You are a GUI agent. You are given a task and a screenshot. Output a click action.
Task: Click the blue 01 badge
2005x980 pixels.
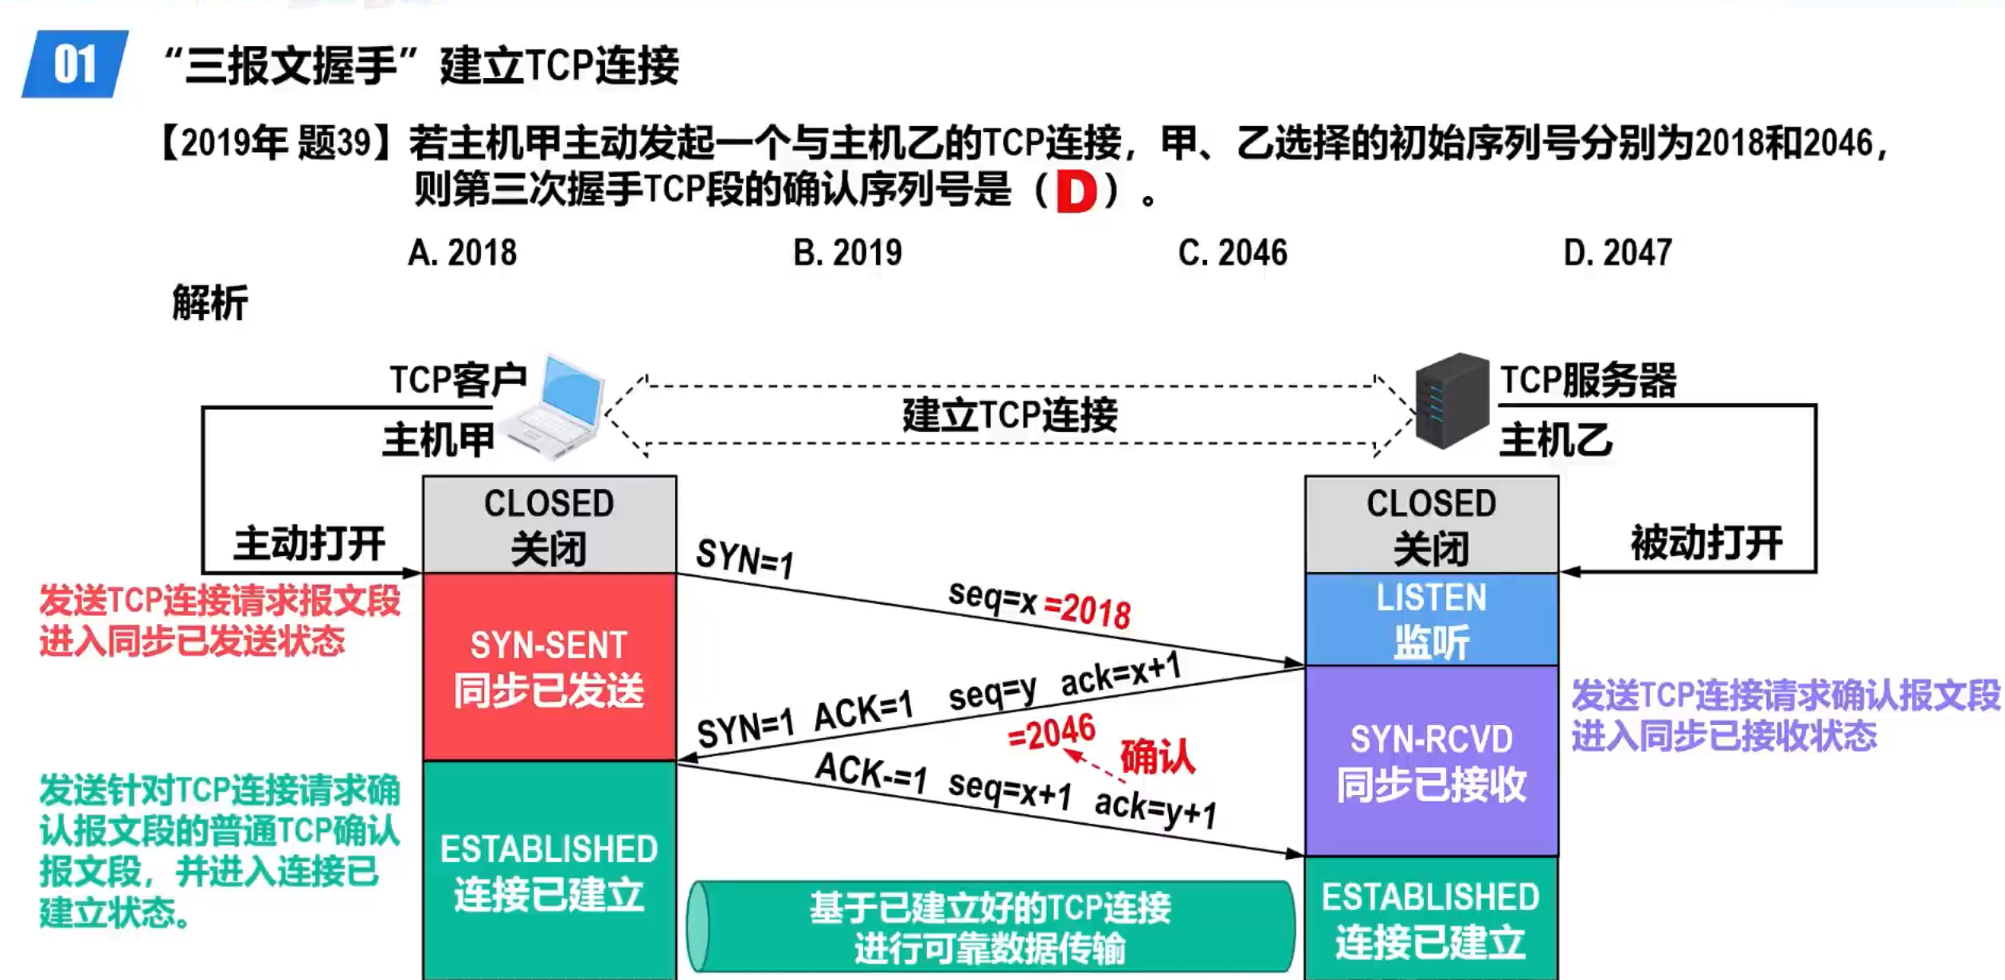75,64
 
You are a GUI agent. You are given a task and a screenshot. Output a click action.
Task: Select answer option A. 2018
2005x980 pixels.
462,253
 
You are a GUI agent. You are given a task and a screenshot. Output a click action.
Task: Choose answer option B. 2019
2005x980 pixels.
847,253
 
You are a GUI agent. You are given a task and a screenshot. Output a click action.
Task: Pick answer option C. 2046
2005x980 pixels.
1232,253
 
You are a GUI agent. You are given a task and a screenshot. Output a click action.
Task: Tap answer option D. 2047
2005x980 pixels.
1617,253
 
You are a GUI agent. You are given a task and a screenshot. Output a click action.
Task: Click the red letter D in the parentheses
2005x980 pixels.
1076,192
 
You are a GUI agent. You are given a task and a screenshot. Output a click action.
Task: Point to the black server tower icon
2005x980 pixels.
1451,401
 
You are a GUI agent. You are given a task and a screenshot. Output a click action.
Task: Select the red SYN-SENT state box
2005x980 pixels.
549,667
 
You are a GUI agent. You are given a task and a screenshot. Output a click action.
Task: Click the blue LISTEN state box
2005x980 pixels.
1431,619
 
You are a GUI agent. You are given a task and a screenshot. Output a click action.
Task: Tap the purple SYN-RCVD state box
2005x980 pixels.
1431,761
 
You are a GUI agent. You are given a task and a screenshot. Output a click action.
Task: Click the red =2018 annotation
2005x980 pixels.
1087,610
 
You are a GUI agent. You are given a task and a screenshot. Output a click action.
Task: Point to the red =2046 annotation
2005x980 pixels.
1052,732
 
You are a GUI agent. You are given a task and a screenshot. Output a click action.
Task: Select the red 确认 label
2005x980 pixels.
1158,756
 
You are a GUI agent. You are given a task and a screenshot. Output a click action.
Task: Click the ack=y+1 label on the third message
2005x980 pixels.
1155,809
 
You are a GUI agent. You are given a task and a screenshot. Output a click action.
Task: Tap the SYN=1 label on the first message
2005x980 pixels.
745,558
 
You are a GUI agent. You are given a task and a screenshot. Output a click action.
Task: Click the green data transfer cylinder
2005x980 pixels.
991,927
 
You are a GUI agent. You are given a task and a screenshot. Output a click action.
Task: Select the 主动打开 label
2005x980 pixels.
309,543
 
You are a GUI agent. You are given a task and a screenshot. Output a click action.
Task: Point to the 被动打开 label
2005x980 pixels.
1706,543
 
